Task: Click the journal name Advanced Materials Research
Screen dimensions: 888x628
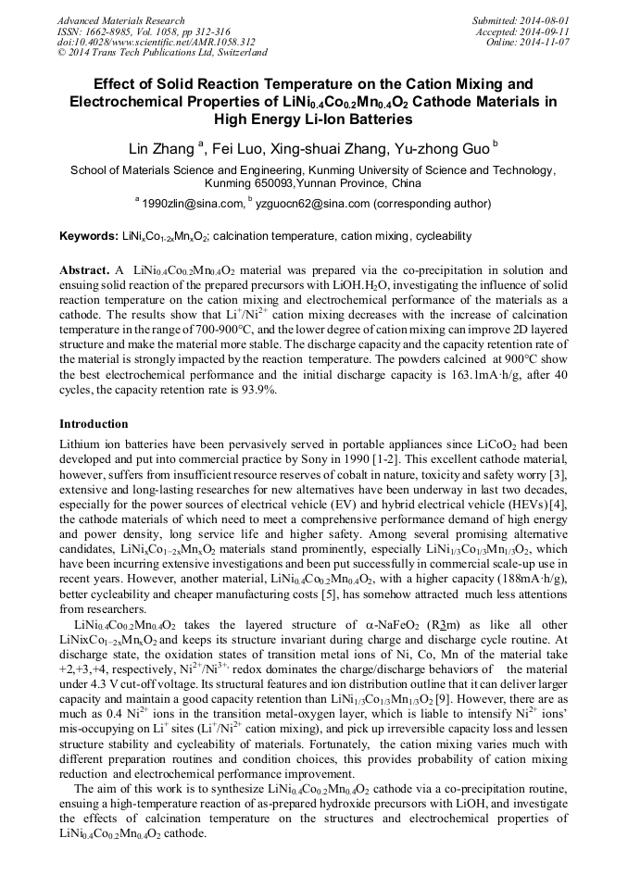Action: pos(120,20)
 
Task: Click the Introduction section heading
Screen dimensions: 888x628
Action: pos(94,424)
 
